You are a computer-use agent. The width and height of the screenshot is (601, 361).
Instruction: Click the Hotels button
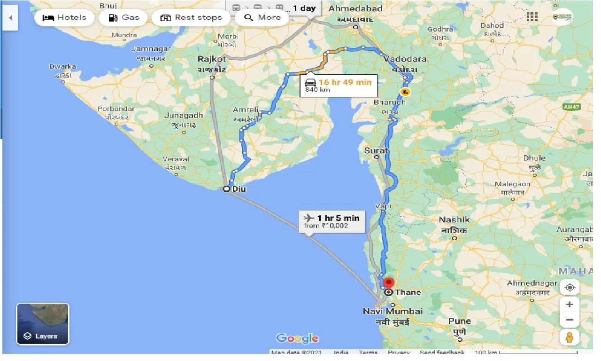tap(65, 18)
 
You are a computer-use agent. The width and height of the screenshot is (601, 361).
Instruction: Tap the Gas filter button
tap(124, 18)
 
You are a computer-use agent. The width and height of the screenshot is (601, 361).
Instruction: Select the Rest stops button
tap(191, 18)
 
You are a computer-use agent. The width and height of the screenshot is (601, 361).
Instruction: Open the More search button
tap(262, 18)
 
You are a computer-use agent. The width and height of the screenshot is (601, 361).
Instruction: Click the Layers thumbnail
tap(43, 324)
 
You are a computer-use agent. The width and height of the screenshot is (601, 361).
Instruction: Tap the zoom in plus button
tap(570, 305)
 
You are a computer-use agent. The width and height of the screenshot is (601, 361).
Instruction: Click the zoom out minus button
tap(570, 320)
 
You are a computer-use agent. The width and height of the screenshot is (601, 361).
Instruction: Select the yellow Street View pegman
tap(570, 337)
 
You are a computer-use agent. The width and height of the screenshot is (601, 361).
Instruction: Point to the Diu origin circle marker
tap(226, 189)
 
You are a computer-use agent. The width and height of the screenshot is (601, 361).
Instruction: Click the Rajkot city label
tap(212, 59)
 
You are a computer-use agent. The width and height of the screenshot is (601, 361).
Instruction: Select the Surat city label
tap(377, 150)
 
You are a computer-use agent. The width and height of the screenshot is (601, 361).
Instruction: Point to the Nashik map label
tap(454, 220)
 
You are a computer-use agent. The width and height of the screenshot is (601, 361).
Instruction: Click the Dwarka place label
tap(62, 67)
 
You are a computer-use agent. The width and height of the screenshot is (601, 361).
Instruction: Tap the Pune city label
tap(459, 322)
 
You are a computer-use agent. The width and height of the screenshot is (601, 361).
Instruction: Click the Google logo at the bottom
tap(297, 338)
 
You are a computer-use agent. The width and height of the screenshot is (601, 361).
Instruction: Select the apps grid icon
tap(532, 17)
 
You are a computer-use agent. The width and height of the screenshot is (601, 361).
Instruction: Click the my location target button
tap(570, 287)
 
